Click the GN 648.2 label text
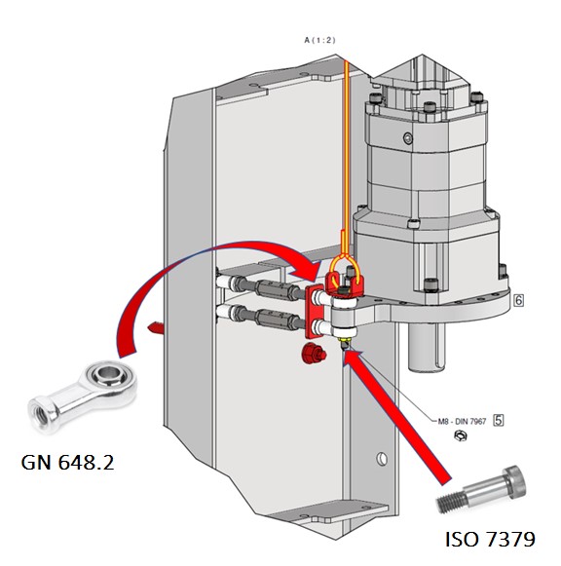67,462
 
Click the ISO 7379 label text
490,539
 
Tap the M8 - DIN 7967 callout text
463,421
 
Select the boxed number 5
499,420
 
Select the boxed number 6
519,300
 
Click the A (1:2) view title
319,40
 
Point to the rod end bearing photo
82,396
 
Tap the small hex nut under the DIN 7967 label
461,435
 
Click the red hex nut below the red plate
314,354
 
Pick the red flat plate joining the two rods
315,311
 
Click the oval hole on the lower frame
382,459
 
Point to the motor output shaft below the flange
427,347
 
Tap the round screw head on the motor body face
408,137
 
